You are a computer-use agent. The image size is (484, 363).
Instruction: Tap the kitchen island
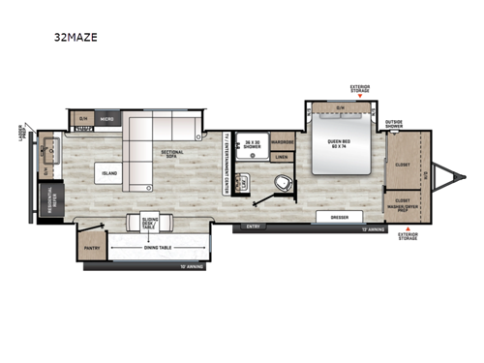[x=106, y=173]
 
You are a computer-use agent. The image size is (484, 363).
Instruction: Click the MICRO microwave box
[x=106, y=119]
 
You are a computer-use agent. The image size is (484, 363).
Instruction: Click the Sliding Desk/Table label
[x=150, y=223]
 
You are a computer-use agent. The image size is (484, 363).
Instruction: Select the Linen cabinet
[x=282, y=156]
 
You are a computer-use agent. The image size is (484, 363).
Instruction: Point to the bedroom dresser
[x=339, y=217]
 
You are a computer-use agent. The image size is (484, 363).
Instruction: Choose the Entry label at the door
[x=255, y=228]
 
